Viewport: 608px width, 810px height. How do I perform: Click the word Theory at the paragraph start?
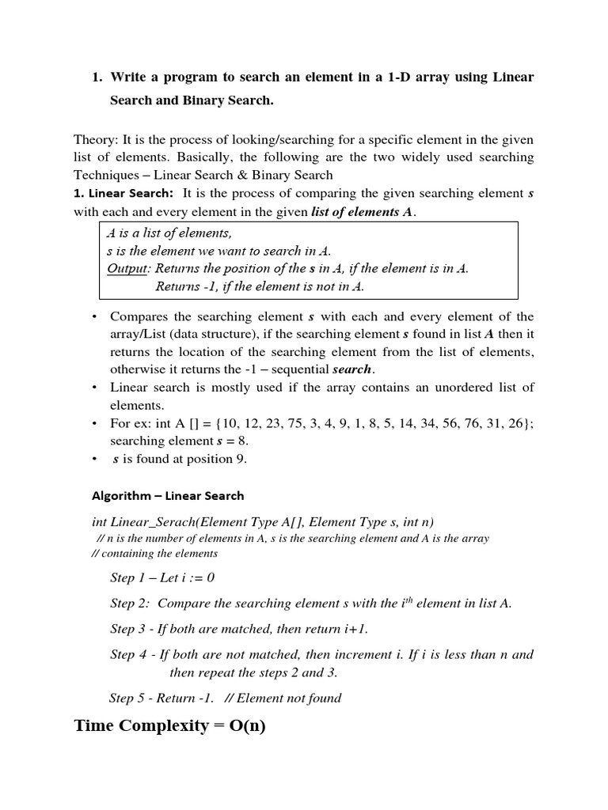(93, 139)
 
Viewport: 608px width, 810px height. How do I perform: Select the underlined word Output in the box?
(127, 268)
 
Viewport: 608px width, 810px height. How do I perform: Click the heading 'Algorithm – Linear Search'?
(168, 496)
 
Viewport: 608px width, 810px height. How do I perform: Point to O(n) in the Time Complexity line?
(248, 725)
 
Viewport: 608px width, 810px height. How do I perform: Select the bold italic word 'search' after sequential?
(351, 369)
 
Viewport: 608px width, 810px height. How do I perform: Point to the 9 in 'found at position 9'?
(243, 460)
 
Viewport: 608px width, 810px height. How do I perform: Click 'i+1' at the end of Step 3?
(355, 629)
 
